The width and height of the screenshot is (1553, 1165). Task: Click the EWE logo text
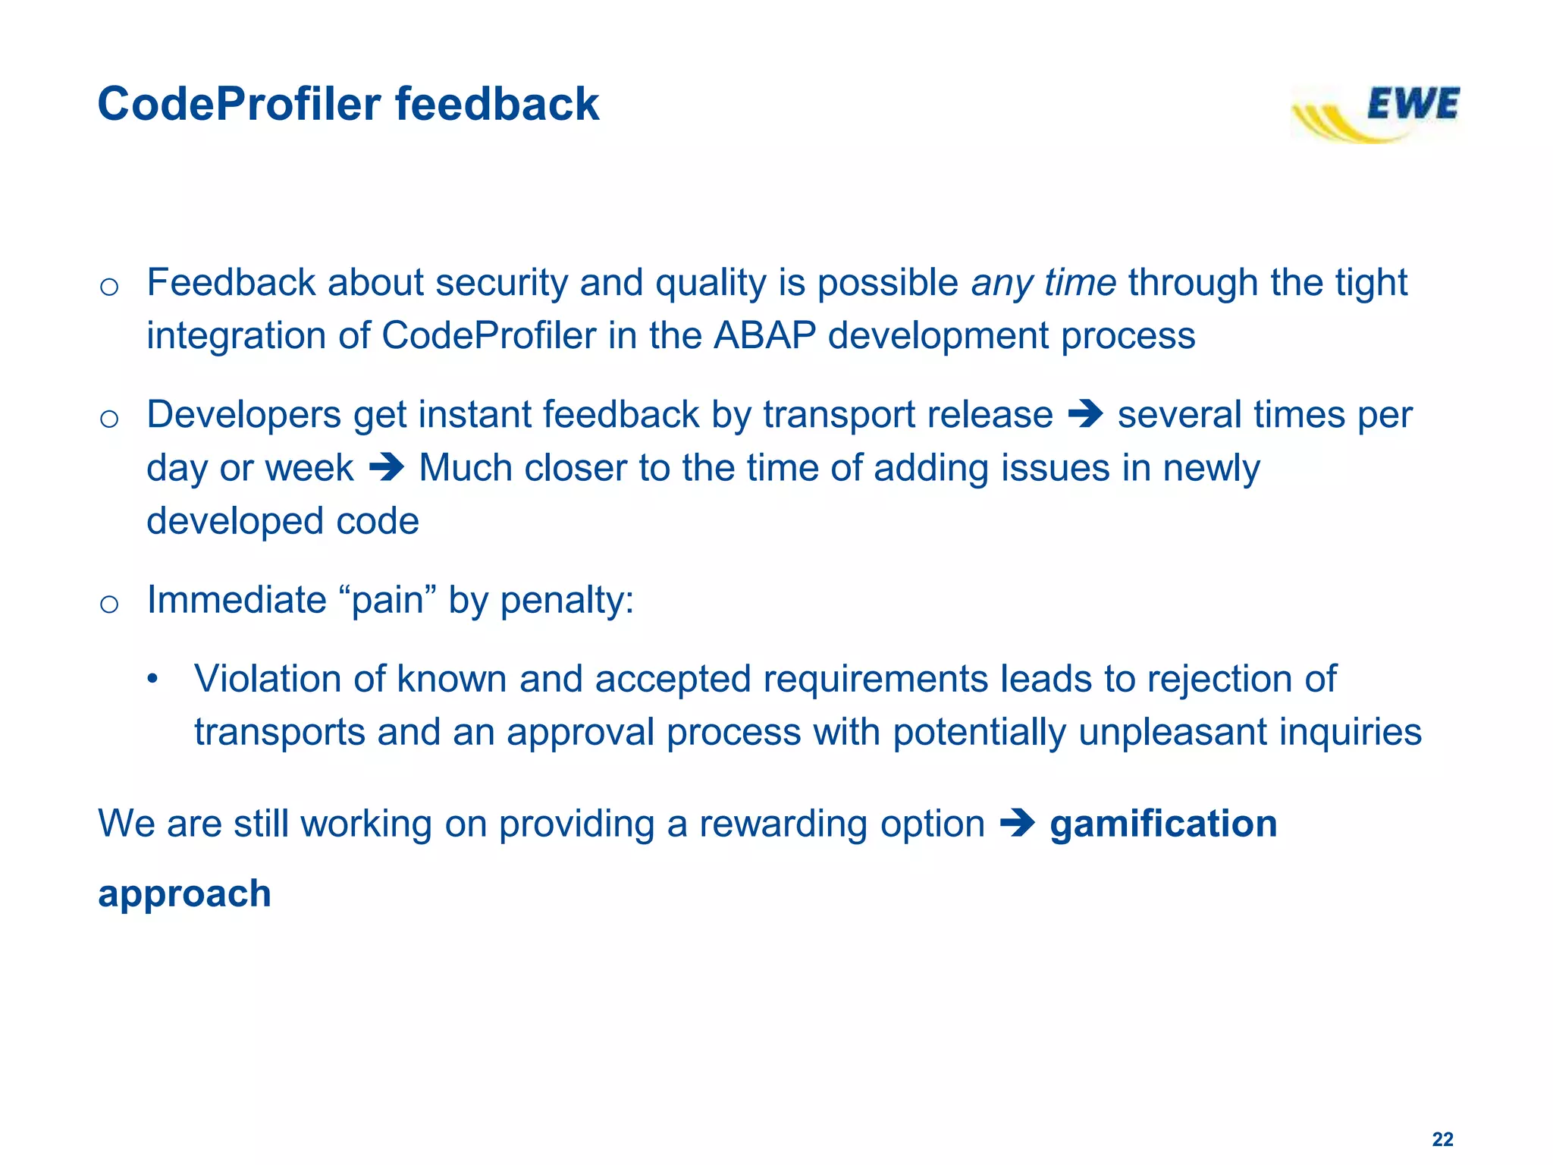1412,104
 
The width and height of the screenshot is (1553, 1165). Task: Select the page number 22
1442,1138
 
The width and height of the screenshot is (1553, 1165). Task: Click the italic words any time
1043,283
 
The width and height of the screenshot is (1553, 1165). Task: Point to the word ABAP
764,336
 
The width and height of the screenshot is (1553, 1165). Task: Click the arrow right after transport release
1084,415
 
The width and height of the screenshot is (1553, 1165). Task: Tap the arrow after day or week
386,468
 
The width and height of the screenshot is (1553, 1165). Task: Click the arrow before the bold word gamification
1017,824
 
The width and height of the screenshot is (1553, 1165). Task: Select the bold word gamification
1163,824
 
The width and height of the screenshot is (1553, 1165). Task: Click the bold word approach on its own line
184,893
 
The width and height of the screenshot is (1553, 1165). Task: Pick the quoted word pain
394,600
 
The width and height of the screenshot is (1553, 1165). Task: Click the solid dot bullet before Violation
152,678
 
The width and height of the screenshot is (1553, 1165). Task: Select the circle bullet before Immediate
109,604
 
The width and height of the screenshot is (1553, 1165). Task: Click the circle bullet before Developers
109,419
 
